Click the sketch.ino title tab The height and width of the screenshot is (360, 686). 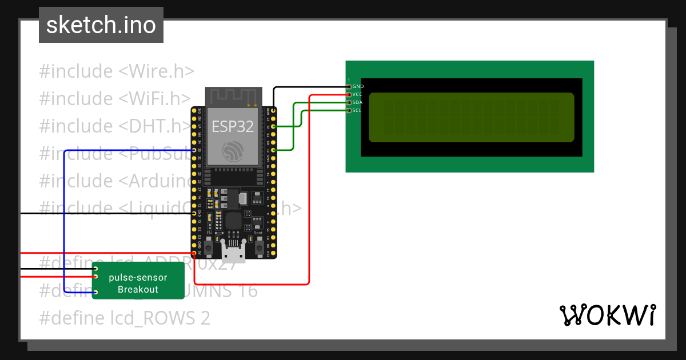click(x=101, y=25)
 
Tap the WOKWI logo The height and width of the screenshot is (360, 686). click(x=607, y=315)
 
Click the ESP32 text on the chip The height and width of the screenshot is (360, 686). click(x=233, y=126)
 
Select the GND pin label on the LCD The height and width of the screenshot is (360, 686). click(x=358, y=86)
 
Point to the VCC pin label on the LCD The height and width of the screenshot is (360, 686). click(x=357, y=94)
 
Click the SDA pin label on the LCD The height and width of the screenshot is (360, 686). click(x=357, y=102)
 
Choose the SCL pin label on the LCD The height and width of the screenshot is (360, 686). click(x=357, y=110)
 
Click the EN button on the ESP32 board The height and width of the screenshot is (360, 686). click(x=209, y=247)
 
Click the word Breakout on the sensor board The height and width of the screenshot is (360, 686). click(x=138, y=290)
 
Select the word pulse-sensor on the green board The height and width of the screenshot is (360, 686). click(x=138, y=278)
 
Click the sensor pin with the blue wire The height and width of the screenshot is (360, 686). click(x=95, y=293)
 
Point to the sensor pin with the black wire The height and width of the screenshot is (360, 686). click(x=95, y=269)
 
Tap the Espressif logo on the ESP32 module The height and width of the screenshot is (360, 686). click(x=233, y=151)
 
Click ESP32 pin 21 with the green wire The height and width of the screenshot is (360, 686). click(x=274, y=150)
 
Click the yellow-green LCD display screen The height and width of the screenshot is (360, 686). click(x=471, y=117)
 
